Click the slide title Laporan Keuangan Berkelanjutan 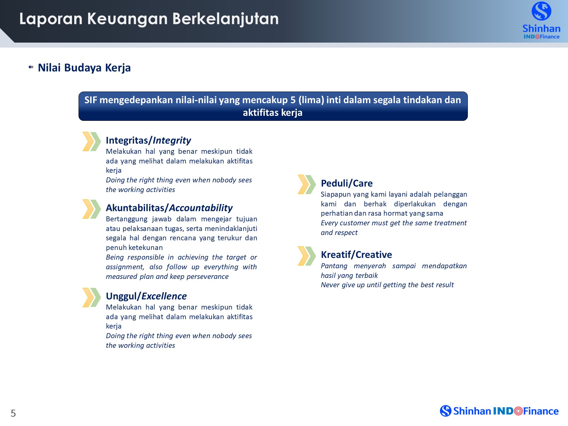(x=149, y=19)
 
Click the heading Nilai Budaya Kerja (x=84, y=68)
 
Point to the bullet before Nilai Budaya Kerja (x=31, y=67)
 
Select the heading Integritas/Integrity (x=148, y=140)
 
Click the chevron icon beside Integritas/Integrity (x=92, y=141)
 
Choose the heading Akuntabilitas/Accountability (x=169, y=208)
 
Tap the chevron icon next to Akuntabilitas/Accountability (x=92, y=209)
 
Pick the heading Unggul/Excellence (x=146, y=296)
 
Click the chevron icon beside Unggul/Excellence (x=92, y=297)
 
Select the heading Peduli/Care (x=347, y=183)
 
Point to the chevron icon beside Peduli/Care (x=307, y=184)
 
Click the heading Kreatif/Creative (x=356, y=255)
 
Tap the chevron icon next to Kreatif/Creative (x=307, y=256)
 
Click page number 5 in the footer (x=13, y=413)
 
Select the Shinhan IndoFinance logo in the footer (x=499, y=411)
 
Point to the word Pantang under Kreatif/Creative (x=334, y=266)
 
